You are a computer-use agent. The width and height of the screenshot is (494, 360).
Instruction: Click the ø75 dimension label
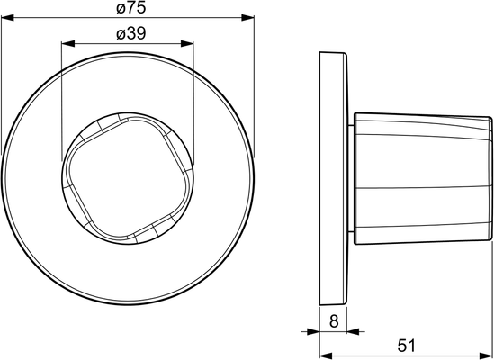[131, 8]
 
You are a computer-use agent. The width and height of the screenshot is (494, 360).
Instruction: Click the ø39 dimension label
[131, 33]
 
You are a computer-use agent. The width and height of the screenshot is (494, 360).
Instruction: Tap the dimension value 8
[333, 321]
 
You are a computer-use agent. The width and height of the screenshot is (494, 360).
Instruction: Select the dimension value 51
[406, 346]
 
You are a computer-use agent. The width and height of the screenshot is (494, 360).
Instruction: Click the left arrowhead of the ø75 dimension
[7, 18]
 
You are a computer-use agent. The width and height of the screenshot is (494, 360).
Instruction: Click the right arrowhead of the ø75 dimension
[247, 18]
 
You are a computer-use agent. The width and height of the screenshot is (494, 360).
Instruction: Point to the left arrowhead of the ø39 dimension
[68, 43]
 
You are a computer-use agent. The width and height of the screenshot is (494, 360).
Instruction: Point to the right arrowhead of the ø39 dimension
[187, 43]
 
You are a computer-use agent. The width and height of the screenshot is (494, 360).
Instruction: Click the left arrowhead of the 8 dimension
[313, 331]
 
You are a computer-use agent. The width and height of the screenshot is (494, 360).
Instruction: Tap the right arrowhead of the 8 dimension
[353, 331]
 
